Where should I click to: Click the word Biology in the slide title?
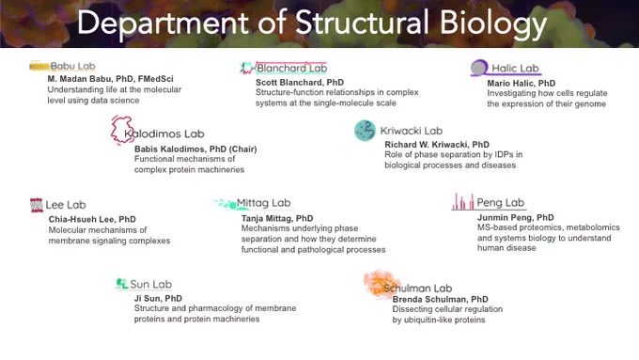tap(493, 23)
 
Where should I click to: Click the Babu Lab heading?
tap(72, 66)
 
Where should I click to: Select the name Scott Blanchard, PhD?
tap(300, 82)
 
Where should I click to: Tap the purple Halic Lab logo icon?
tap(479, 68)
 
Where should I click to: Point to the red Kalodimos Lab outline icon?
tap(121, 130)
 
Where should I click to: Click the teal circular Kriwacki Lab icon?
tap(365, 131)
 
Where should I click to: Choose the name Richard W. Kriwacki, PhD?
tap(437, 145)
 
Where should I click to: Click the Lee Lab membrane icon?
tap(37, 205)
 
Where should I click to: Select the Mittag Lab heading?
tap(264, 203)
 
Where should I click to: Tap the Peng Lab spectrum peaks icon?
tap(463, 201)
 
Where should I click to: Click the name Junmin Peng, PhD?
tap(516, 217)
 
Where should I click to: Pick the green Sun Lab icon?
tap(121, 283)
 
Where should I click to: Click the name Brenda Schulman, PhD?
tap(440, 299)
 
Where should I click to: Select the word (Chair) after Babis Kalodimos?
tap(242, 149)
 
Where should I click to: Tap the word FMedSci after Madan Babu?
tap(156, 79)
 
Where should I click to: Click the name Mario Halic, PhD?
tap(522, 83)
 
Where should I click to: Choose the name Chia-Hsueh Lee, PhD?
tap(92, 219)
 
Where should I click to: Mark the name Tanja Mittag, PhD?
tap(277, 218)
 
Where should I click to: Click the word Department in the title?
tap(163, 23)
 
